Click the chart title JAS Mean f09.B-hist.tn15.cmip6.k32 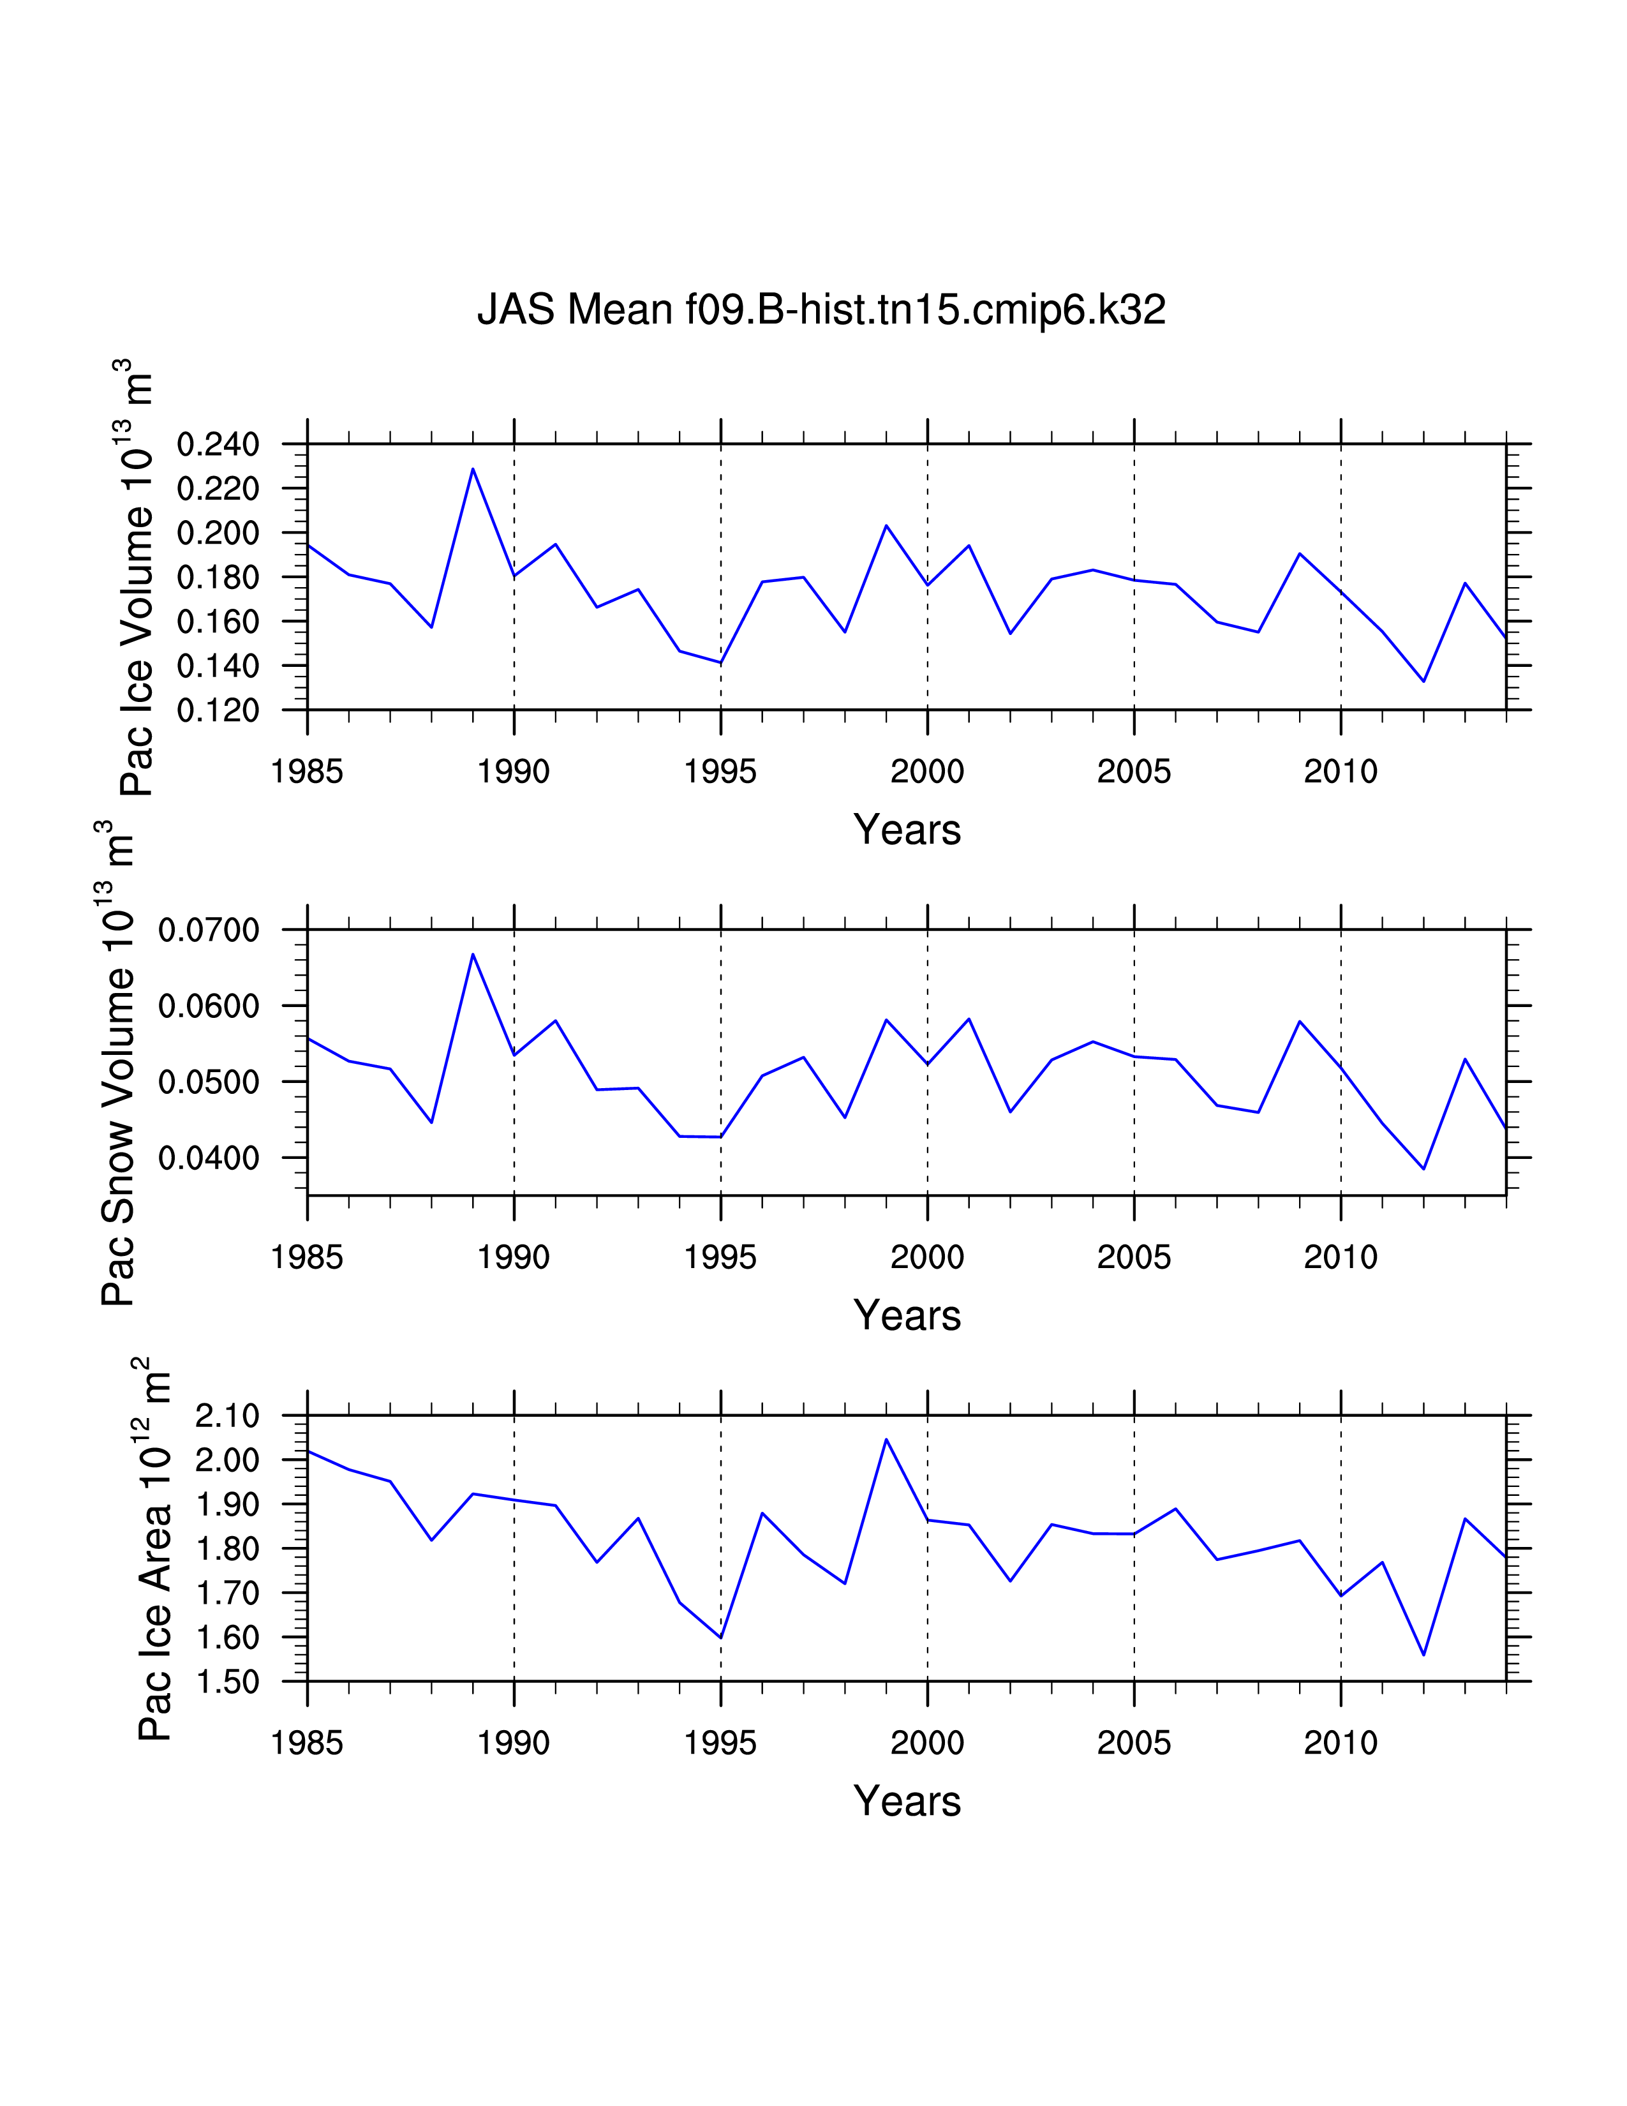[821, 310]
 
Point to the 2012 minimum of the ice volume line [1423, 681]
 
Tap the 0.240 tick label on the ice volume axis [218, 445]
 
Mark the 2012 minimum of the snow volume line [1423, 1169]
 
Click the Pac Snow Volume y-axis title [117, 1064]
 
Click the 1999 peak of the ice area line [886, 1440]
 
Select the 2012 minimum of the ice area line [1423, 1655]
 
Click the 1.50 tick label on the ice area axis [228, 1682]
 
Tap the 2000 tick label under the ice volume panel [927, 772]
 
